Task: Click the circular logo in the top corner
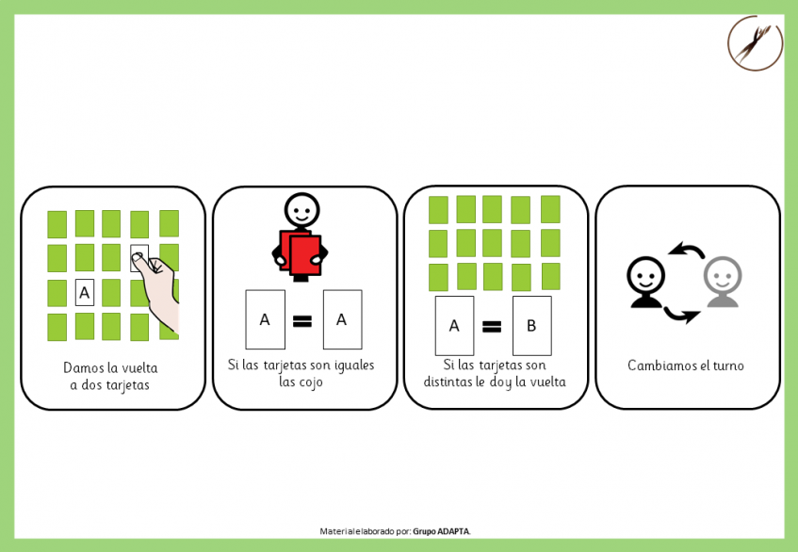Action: click(755, 42)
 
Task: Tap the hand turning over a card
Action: click(157, 290)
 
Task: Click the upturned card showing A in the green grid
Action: click(85, 292)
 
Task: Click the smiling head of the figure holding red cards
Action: click(301, 210)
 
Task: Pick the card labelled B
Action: click(531, 326)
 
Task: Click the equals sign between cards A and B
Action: click(492, 326)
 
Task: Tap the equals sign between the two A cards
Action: click(302, 320)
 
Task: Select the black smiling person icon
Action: click(645, 282)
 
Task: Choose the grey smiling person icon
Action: click(723, 282)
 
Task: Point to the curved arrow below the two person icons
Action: click(681, 316)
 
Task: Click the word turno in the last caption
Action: click(728, 365)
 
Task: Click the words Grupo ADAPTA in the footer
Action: click(441, 531)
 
